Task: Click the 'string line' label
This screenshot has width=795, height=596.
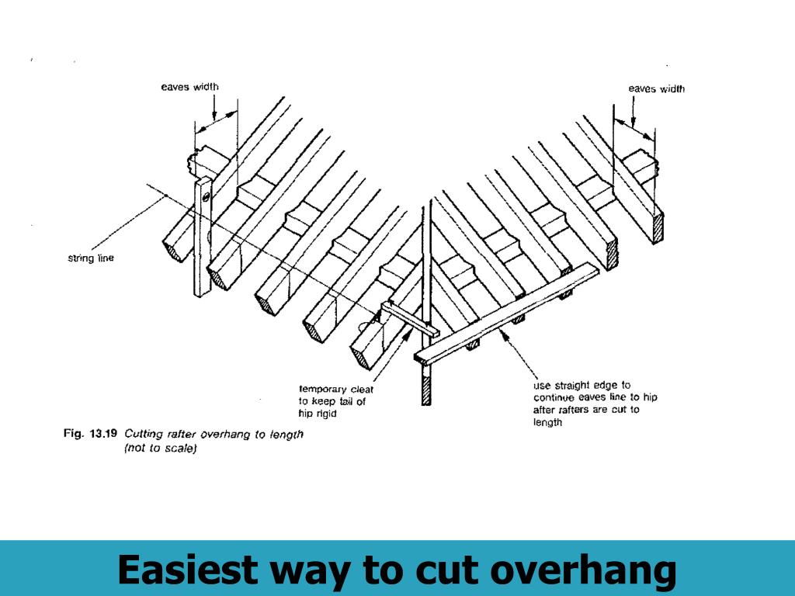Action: click(90, 258)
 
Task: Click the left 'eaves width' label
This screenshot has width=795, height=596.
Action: click(189, 87)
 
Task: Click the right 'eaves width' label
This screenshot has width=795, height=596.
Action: click(657, 89)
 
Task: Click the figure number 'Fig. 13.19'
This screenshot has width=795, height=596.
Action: click(89, 435)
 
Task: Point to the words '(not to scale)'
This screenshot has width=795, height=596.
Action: click(161, 449)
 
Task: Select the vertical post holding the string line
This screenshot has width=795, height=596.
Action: click(203, 241)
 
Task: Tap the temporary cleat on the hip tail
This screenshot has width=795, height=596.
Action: click(408, 319)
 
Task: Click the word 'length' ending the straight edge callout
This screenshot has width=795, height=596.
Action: click(547, 423)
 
